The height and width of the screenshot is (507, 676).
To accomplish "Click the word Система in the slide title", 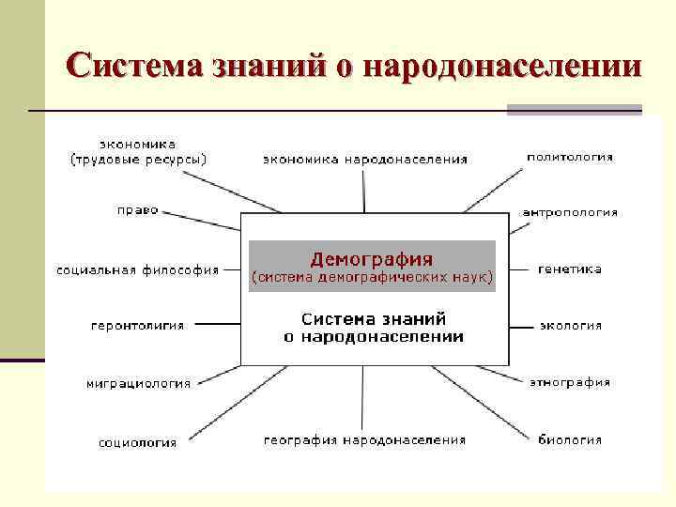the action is (133, 67).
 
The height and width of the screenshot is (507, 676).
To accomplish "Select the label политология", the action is (570, 157).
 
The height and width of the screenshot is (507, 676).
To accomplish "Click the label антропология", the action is (570, 212).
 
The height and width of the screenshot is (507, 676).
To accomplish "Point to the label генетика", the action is (570, 269).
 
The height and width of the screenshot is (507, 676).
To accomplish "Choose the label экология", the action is (570, 326).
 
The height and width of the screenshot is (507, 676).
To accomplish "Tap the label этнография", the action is (570, 382).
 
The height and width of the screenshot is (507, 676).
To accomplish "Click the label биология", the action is (570, 438).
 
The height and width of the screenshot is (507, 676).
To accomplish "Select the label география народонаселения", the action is (364, 439).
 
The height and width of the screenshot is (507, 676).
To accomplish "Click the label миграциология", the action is (138, 383).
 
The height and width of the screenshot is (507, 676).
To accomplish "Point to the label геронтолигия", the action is (137, 326).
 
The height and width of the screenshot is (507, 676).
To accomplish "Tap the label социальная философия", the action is (137, 270).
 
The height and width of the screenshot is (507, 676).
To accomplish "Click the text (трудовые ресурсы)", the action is (139, 160).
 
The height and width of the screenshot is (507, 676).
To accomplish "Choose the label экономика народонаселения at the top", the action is (364, 159).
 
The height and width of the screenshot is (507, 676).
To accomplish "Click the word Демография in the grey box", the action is (371, 257).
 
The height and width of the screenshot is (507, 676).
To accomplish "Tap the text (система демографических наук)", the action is (371, 278).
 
